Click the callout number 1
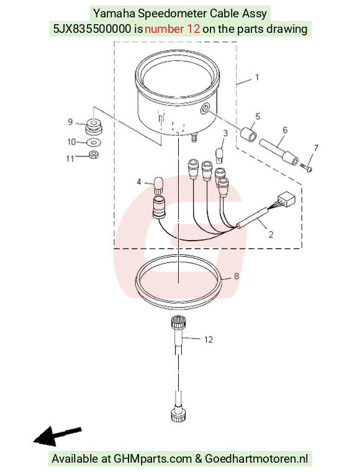pyautogui.click(x=257, y=78)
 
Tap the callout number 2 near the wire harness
pyautogui.click(x=271, y=234)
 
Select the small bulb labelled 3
pyautogui.click(x=219, y=154)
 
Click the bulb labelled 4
pyautogui.click(x=158, y=185)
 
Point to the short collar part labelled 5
pyautogui.click(x=249, y=133)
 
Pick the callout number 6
pyautogui.click(x=285, y=130)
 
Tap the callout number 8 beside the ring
pyautogui.click(x=236, y=276)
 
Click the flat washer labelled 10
pyautogui.click(x=94, y=142)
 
